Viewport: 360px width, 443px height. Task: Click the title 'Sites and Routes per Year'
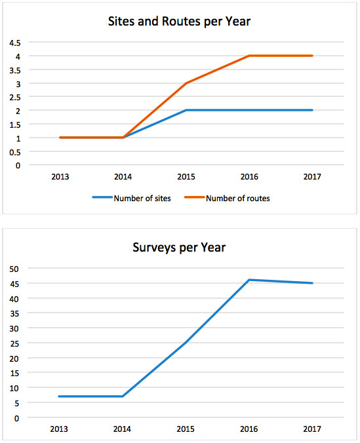pyautogui.click(x=179, y=22)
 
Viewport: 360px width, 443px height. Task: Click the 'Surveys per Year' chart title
pyautogui.click(x=179, y=248)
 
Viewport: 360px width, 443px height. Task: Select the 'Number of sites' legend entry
pyautogui.click(x=132, y=199)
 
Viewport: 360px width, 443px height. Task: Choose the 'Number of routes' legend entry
pyautogui.click(x=227, y=199)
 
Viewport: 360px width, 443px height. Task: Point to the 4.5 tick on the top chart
pyautogui.click(x=15, y=43)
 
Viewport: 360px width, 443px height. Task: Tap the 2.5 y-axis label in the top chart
pyautogui.click(x=15, y=97)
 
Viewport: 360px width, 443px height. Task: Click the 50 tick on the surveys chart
pyautogui.click(x=14, y=269)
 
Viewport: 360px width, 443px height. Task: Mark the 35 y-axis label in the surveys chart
pyautogui.click(x=14, y=314)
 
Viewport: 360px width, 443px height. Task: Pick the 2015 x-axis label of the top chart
pyautogui.click(x=186, y=176)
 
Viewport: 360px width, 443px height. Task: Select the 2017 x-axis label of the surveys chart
pyautogui.click(x=312, y=429)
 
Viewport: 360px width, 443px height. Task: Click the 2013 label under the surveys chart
pyautogui.click(x=59, y=429)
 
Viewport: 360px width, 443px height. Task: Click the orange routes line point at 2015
pyautogui.click(x=186, y=83)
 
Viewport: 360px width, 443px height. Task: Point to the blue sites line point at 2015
pyautogui.click(x=186, y=110)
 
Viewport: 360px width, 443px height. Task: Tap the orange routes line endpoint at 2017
pyautogui.click(x=312, y=56)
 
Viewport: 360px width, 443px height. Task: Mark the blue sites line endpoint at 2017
pyautogui.click(x=312, y=110)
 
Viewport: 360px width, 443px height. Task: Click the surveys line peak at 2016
pyautogui.click(x=249, y=280)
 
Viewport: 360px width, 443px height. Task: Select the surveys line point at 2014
pyautogui.click(x=123, y=396)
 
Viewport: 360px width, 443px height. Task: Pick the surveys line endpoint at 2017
pyautogui.click(x=312, y=283)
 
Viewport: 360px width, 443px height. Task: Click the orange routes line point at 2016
pyautogui.click(x=249, y=56)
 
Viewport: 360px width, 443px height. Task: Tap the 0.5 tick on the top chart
pyautogui.click(x=15, y=152)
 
